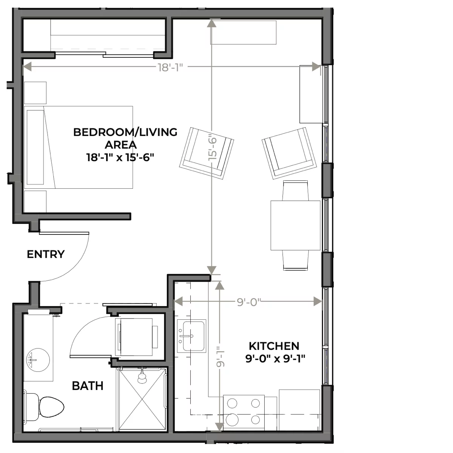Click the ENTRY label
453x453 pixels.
click(46, 254)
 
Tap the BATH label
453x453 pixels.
click(88, 386)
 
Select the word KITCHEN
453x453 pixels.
click(274, 346)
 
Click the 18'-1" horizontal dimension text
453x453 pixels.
click(170, 68)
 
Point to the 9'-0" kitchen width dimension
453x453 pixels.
click(249, 302)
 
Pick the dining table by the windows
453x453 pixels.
click(296, 225)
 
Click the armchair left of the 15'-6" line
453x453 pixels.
click(206, 153)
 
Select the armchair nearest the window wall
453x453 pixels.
click(290, 153)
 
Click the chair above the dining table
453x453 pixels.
click(296, 190)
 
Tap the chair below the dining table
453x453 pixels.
click(296, 260)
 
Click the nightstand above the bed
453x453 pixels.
click(35, 92)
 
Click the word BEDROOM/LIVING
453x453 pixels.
click(125, 132)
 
